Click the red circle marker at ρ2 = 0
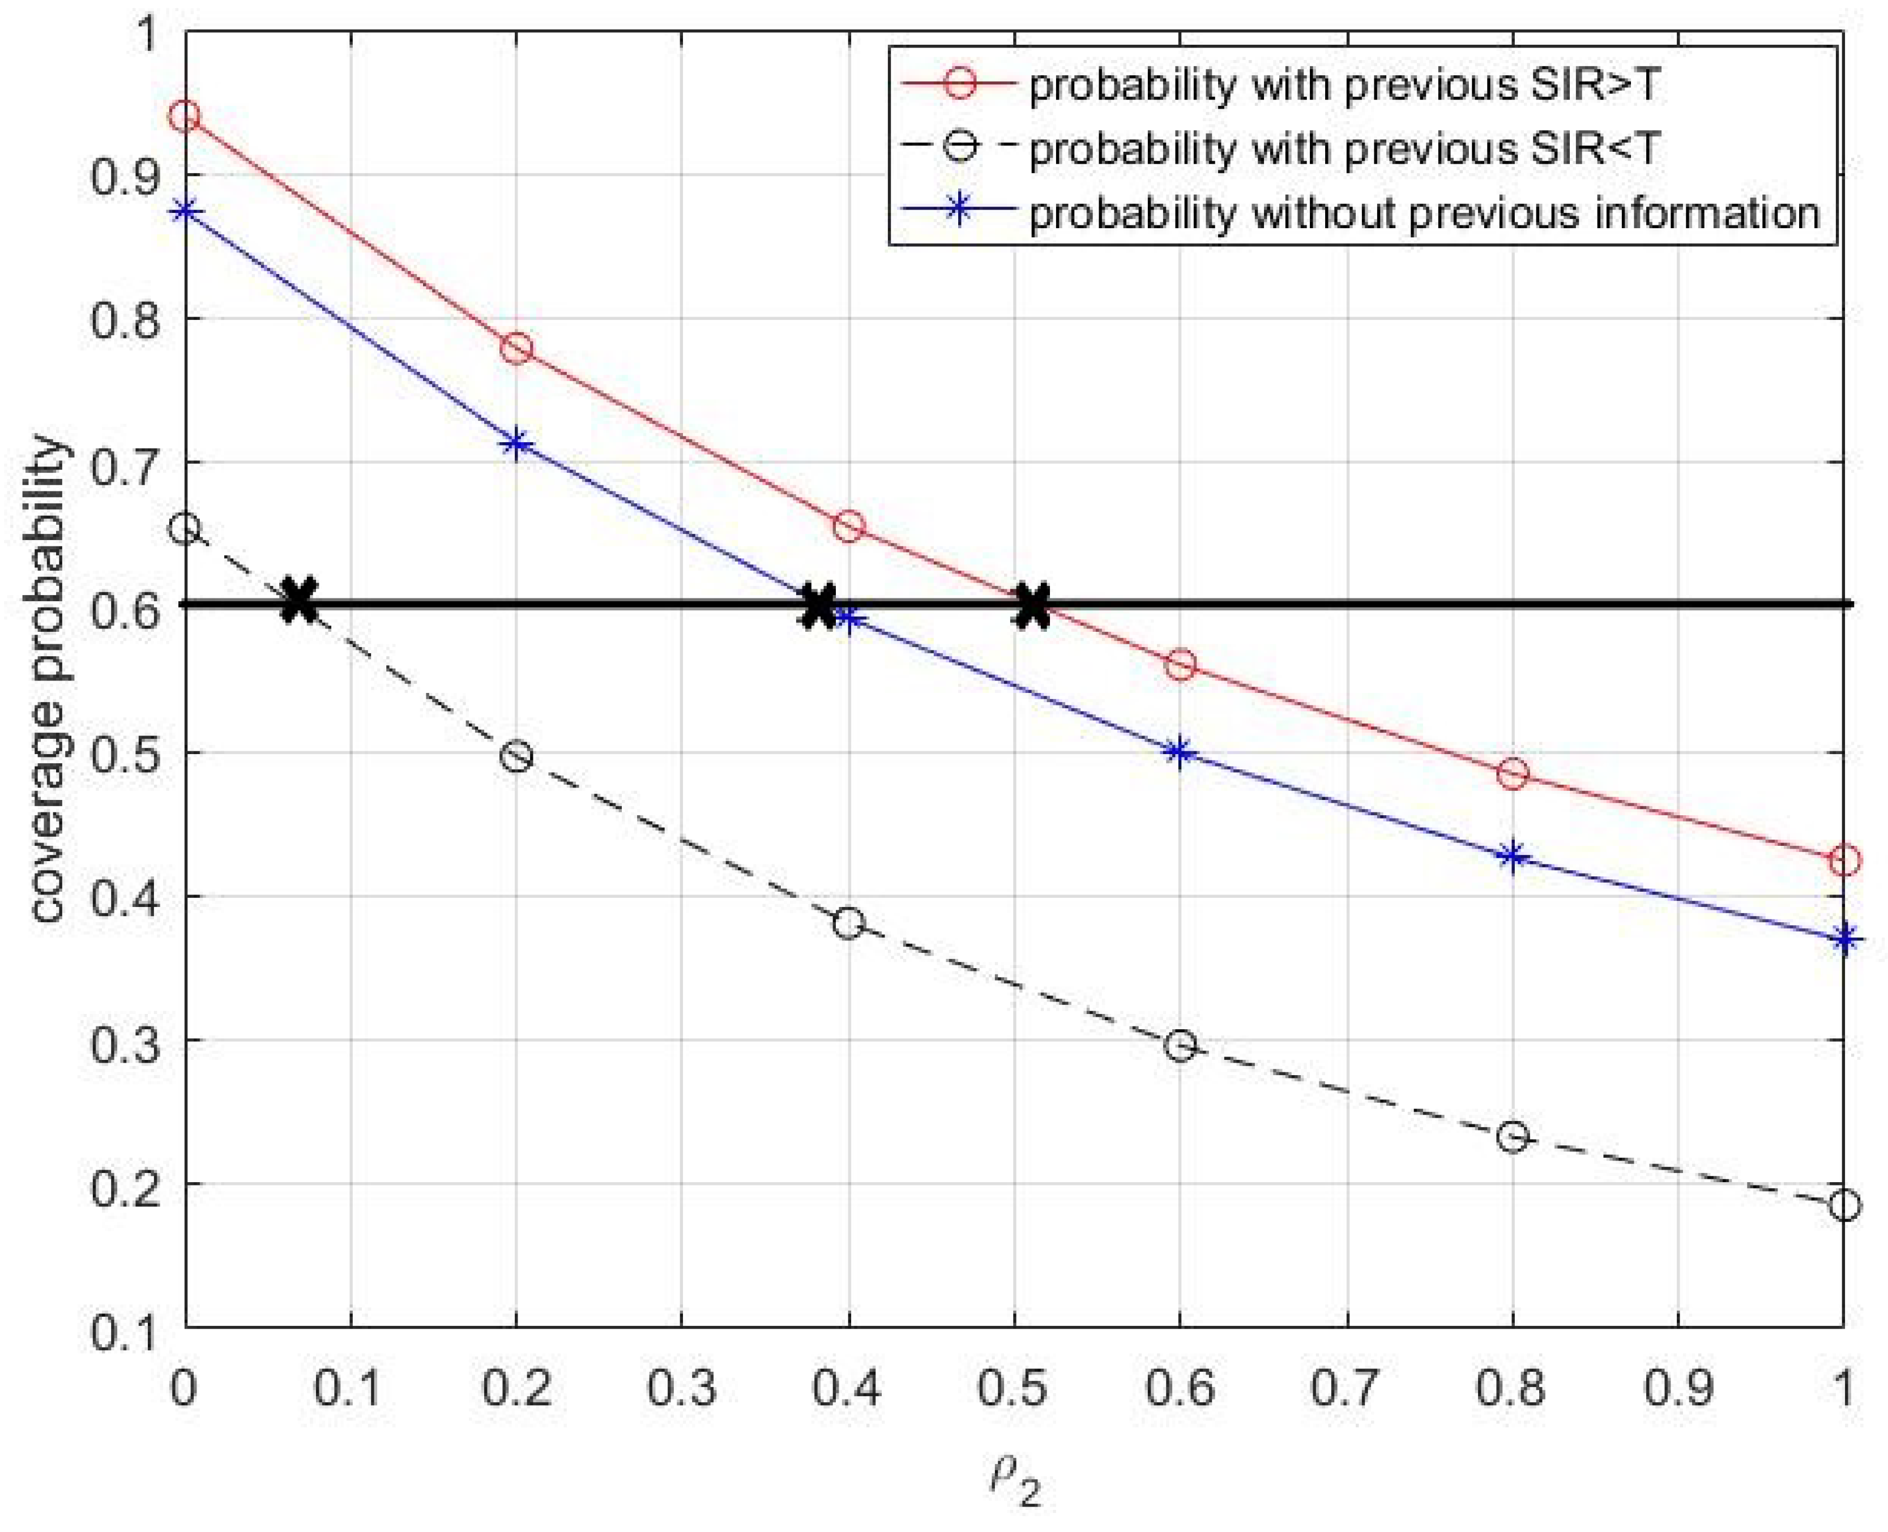[185, 115]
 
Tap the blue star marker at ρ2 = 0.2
[516, 443]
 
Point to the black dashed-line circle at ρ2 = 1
[1844, 1205]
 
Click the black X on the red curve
[1032, 605]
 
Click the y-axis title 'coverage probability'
[49, 679]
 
